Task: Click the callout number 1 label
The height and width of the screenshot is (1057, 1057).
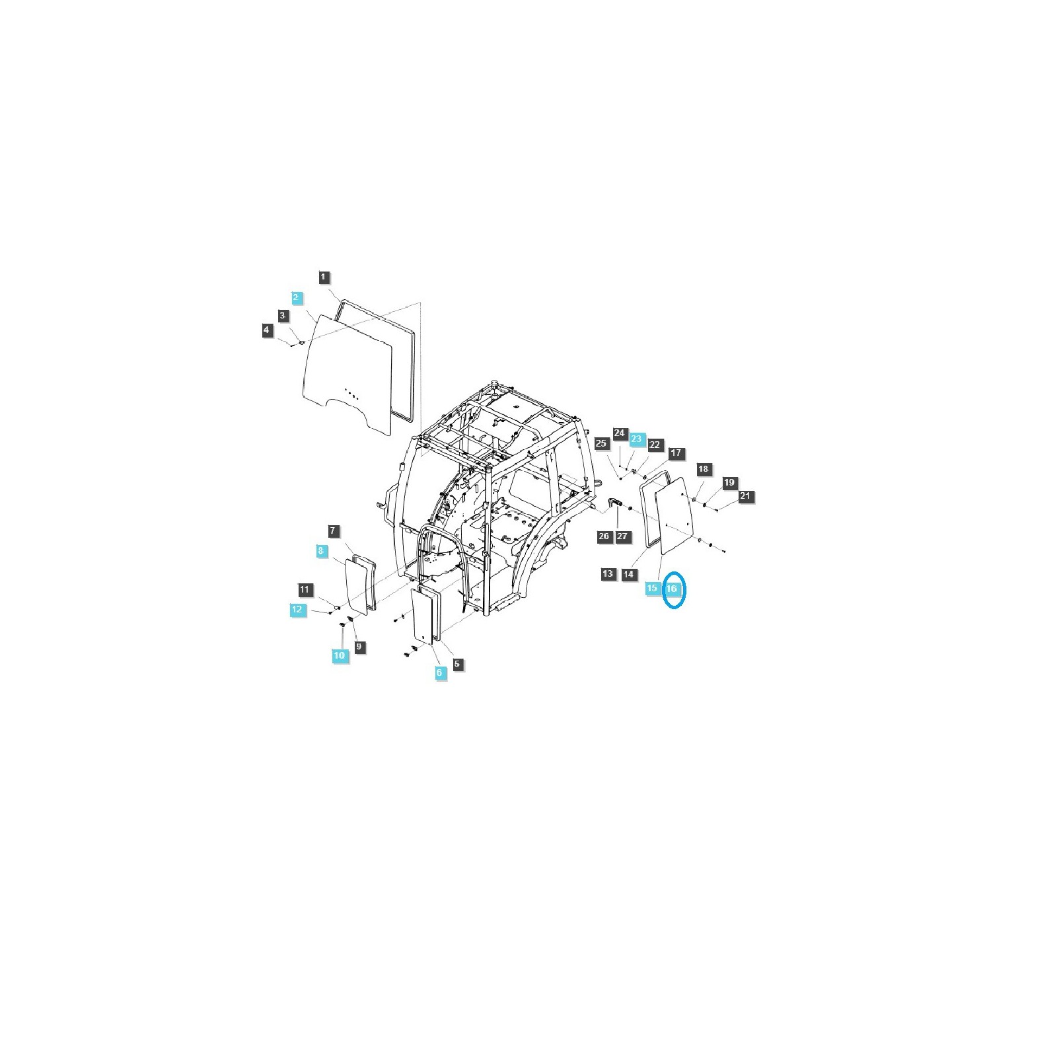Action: [x=323, y=277]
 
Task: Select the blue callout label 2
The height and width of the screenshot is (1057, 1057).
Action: [x=297, y=297]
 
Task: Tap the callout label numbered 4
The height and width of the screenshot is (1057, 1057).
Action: [x=267, y=330]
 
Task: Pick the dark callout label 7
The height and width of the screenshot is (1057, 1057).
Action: [x=333, y=530]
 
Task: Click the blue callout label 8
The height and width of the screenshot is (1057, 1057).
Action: [x=321, y=550]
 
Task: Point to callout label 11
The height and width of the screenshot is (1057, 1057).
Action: [x=304, y=589]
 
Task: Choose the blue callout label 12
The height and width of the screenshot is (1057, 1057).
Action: [x=297, y=609]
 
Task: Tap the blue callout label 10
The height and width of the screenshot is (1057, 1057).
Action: [x=340, y=655]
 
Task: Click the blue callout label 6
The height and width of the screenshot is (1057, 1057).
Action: [x=440, y=673]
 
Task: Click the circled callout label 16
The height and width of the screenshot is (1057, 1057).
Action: [x=672, y=588]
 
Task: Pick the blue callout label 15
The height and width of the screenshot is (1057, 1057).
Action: [x=653, y=588]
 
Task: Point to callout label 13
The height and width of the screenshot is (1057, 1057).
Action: [x=608, y=573]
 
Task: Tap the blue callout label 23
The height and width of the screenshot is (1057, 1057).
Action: [x=636, y=439]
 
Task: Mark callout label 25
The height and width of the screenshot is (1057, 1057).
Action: [x=601, y=443]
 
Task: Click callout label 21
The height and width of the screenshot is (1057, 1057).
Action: [x=745, y=495]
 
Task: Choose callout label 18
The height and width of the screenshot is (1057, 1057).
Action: [x=703, y=469]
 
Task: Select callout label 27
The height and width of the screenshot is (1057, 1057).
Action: [x=622, y=536]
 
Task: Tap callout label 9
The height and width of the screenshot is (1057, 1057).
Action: [x=359, y=647]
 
